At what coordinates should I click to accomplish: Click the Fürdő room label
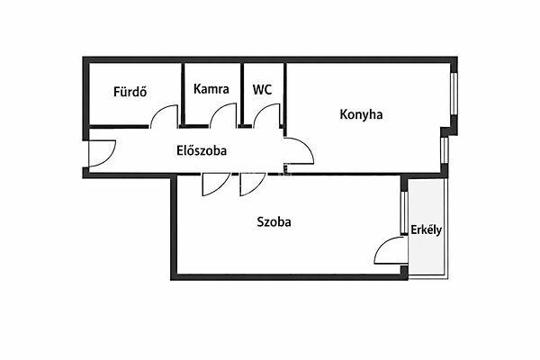point(130,91)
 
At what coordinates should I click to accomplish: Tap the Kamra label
point(211,90)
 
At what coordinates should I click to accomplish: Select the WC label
point(262,90)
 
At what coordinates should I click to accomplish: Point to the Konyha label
point(361,114)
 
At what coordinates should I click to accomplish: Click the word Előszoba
point(201,151)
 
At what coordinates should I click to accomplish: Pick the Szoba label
point(274,221)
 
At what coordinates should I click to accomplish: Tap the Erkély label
point(426,229)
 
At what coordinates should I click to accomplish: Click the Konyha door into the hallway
point(300,151)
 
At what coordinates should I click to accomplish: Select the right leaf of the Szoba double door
point(253,184)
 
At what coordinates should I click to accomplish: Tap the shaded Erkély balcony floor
point(426,256)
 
